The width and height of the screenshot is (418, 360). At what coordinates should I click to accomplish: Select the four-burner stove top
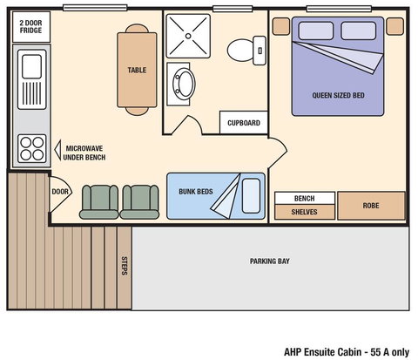[x=31, y=145]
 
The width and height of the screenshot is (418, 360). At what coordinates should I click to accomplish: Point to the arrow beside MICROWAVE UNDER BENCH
[x=57, y=148]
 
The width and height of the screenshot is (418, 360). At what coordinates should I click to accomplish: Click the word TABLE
[x=137, y=71]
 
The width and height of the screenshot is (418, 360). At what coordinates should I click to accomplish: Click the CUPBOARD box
[x=243, y=123]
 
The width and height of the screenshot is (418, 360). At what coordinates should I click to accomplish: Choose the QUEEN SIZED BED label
[x=340, y=95]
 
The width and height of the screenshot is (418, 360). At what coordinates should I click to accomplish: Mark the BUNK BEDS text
[x=195, y=192]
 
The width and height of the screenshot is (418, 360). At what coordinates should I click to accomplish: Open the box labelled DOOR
[x=60, y=192]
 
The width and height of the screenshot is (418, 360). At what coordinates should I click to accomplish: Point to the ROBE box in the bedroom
[x=371, y=207]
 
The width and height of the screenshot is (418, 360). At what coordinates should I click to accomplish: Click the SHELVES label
[x=304, y=212]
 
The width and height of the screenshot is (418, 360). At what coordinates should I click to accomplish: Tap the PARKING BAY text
[x=270, y=261]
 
